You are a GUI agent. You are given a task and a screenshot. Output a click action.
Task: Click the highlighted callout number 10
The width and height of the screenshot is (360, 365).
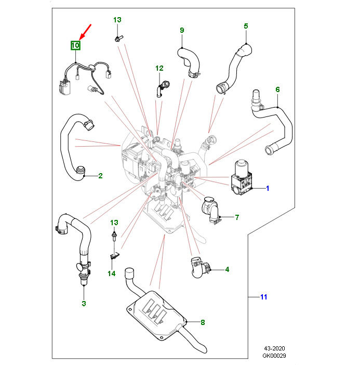tap(75, 46)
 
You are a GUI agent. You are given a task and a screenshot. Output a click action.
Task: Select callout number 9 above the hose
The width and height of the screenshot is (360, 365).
tap(182, 30)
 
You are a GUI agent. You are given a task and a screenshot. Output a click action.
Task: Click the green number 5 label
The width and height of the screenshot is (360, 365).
tap(246, 26)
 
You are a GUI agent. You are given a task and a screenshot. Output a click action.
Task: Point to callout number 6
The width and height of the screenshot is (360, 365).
tap(277, 89)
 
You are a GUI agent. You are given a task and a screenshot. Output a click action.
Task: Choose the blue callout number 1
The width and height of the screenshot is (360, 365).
tap(268, 188)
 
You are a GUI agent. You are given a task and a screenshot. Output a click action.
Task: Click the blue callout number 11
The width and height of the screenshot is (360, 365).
tap(263, 297)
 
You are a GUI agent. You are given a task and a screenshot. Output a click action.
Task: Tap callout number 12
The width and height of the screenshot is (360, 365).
tap(159, 68)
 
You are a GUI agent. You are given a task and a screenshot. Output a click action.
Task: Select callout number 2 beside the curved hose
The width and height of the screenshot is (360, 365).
tap(100, 176)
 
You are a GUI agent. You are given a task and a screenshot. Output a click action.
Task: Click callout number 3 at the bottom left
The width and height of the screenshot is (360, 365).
tap(83, 303)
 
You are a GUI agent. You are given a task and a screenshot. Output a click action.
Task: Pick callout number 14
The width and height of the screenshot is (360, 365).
tap(112, 273)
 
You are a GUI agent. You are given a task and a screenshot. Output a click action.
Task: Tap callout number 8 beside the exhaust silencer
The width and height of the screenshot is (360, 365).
tap(203, 322)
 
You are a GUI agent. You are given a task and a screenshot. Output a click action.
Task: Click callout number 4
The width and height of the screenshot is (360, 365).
tap(227, 269)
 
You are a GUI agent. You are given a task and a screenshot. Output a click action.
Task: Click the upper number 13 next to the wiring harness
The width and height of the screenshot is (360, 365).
tap(117, 20)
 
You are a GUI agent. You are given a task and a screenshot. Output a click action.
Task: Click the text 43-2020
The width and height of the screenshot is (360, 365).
tap(274, 348)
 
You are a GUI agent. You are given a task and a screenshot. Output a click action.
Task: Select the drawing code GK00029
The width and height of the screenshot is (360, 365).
tap(274, 356)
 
